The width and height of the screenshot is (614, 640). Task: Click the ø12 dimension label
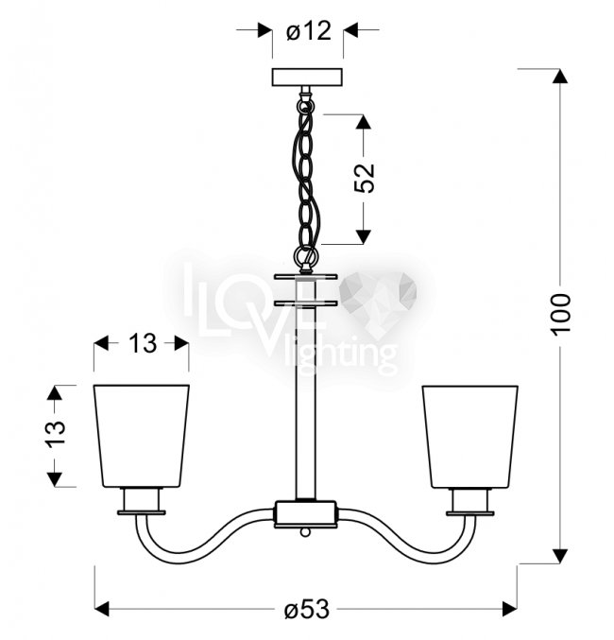click(308, 30)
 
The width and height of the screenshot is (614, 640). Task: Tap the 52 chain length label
click(365, 178)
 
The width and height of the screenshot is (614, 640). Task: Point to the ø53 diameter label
click(307, 610)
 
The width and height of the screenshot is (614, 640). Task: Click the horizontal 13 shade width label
click(142, 343)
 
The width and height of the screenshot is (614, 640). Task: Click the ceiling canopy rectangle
click(308, 78)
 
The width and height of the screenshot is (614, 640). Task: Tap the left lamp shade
click(141, 436)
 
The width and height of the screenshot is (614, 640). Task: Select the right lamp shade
click(470, 437)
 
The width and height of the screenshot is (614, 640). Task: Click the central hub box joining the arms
click(305, 514)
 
